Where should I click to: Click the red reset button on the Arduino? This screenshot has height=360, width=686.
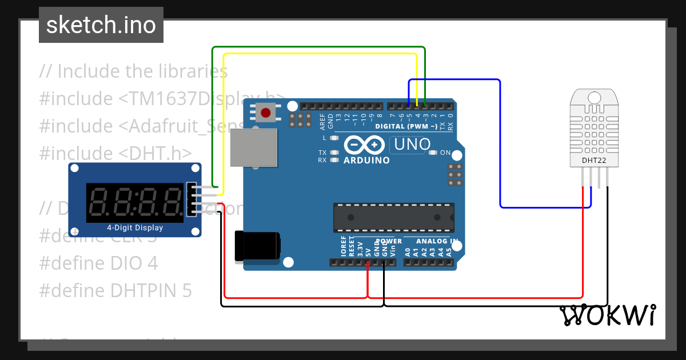(265, 113)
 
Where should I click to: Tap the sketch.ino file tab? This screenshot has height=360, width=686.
(101, 25)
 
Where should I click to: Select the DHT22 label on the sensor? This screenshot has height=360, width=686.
(594, 160)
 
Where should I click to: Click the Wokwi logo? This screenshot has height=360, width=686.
(607, 315)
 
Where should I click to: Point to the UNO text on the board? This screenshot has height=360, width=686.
(410, 145)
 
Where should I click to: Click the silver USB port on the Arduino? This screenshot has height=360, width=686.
(253, 147)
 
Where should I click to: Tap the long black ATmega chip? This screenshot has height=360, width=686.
(394, 218)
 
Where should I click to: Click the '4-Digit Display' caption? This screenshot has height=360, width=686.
(135, 228)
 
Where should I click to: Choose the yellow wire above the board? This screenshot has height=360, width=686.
(320, 54)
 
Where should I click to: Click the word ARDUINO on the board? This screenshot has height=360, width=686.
(366, 161)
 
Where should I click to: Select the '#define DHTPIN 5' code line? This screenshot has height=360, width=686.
(115, 290)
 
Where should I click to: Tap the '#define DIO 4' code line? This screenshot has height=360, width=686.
(98, 263)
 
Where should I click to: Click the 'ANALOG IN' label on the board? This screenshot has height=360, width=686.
(433, 241)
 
